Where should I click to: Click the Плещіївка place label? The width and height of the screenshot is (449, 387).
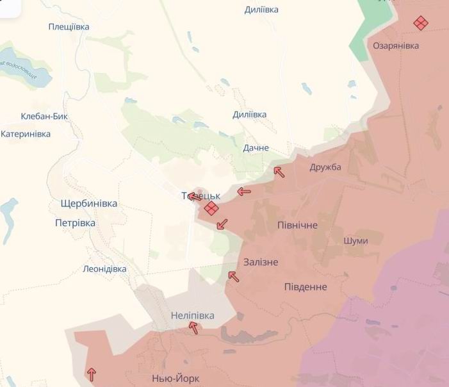click(69, 27)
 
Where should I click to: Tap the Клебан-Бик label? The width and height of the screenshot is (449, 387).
click(44, 117)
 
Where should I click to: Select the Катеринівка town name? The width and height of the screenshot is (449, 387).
click(26, 134)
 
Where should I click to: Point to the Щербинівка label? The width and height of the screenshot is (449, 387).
click(88, 203)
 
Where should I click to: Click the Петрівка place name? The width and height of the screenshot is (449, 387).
click(75, 223)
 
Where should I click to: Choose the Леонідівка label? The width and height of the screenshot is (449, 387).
click(104, 269)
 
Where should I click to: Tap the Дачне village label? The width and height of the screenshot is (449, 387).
click(256, 148)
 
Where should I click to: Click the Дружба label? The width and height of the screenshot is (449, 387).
click(325, 167)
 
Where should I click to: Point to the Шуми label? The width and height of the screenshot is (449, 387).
click(355, 241)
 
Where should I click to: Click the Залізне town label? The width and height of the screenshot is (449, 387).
click(261, 262)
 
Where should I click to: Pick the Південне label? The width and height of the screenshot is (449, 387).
click(306, 286)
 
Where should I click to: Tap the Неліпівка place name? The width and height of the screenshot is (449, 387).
click(193, 316)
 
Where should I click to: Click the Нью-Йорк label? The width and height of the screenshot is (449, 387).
click(174, 378)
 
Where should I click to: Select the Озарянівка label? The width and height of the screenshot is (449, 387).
click(396, 46)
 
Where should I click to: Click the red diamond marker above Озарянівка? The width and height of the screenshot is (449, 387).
click(420, 23)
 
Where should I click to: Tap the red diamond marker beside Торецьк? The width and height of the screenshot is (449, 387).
click(211, 208)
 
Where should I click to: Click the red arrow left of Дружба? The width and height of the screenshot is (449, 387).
click(279, 172)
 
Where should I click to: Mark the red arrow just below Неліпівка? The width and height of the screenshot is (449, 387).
click(193, 329)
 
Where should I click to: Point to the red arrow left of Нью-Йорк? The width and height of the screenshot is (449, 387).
click(92, 374)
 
